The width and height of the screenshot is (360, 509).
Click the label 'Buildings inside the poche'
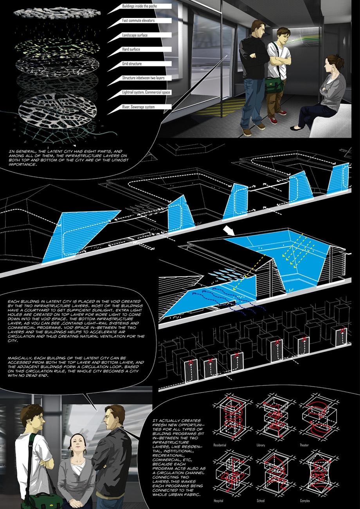(x=139, y=6)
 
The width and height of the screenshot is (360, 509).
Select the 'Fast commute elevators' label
(x=138, y=20)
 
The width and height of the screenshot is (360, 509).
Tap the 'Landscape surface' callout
(x=135, y=35)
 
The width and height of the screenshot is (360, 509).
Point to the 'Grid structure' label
(x=132, y=64)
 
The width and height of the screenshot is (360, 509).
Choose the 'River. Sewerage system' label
(x=138, y=107)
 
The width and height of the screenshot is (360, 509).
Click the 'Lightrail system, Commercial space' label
(x=146, y=92)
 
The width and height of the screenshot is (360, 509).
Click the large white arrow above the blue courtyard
(x=229, y=231)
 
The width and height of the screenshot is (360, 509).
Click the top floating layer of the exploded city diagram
(x=59, y=13)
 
